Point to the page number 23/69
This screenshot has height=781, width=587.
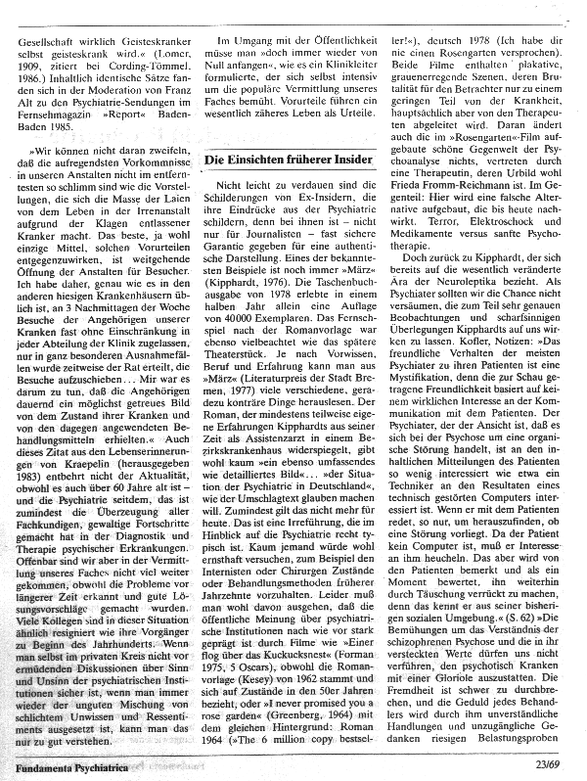pyautogui.click(x=561, y=767)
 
